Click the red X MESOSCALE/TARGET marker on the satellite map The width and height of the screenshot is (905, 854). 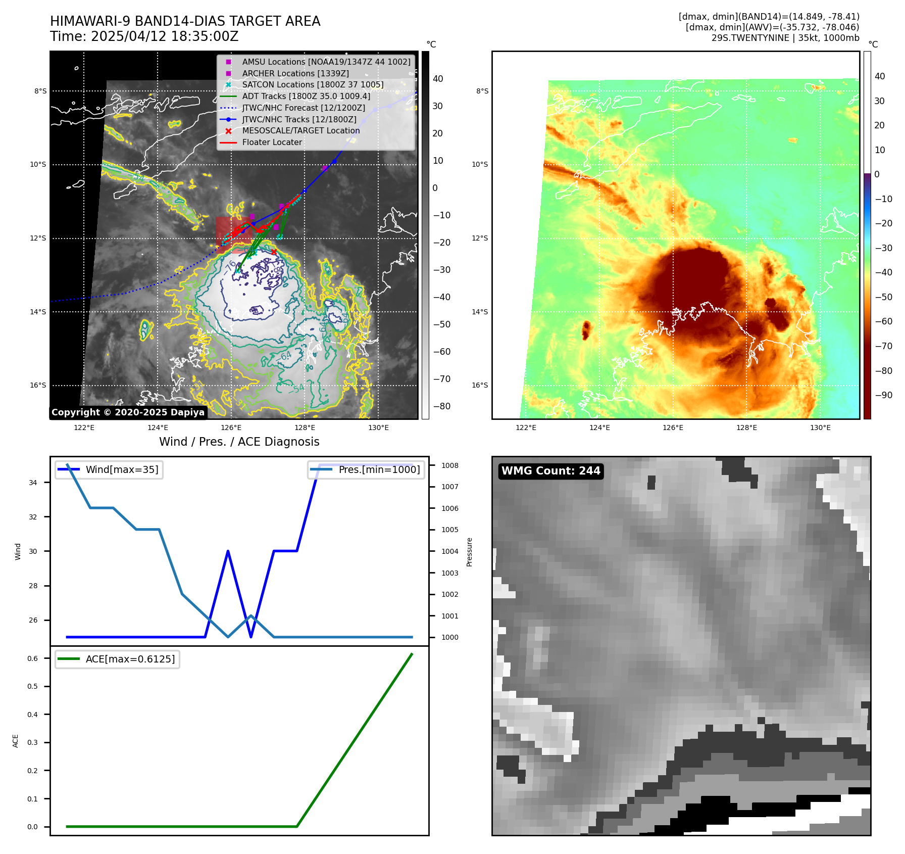click(x=274, y=252)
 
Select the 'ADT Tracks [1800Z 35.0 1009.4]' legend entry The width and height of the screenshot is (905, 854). click(x=306, y=96)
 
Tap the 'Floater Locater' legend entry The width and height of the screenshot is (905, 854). click(x=272, y=143)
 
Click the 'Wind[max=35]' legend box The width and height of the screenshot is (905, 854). click(x=109, y=470)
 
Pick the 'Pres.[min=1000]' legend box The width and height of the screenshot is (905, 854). click(x=366, y=470)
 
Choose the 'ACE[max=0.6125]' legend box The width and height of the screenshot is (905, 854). click(x=117, y=659)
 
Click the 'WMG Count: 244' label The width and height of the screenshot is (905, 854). click(x=550, y=471)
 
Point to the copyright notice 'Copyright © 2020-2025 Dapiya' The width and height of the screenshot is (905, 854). click(x=128, y=412)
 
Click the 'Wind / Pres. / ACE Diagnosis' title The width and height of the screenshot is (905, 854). click(x=239, y=442)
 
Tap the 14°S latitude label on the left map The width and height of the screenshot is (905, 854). click(x=38, y=312)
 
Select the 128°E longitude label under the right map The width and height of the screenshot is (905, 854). click(x=746, y=428)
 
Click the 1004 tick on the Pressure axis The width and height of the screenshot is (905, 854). click(x=449, y=552)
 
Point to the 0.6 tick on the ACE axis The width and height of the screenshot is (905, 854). click(x=33, y=658)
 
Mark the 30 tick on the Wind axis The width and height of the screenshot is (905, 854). click(x=33, y=551)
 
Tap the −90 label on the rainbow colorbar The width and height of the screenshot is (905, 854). click(x=883, y=395)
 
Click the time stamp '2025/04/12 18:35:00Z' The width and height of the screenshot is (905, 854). click(x=165, y=37)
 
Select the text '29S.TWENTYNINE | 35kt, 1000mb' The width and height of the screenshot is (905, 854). click(x=785, y=38)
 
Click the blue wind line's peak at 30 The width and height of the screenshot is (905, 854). click(x=228, y=551)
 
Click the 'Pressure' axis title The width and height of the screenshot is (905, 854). click(x=470, y=552)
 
